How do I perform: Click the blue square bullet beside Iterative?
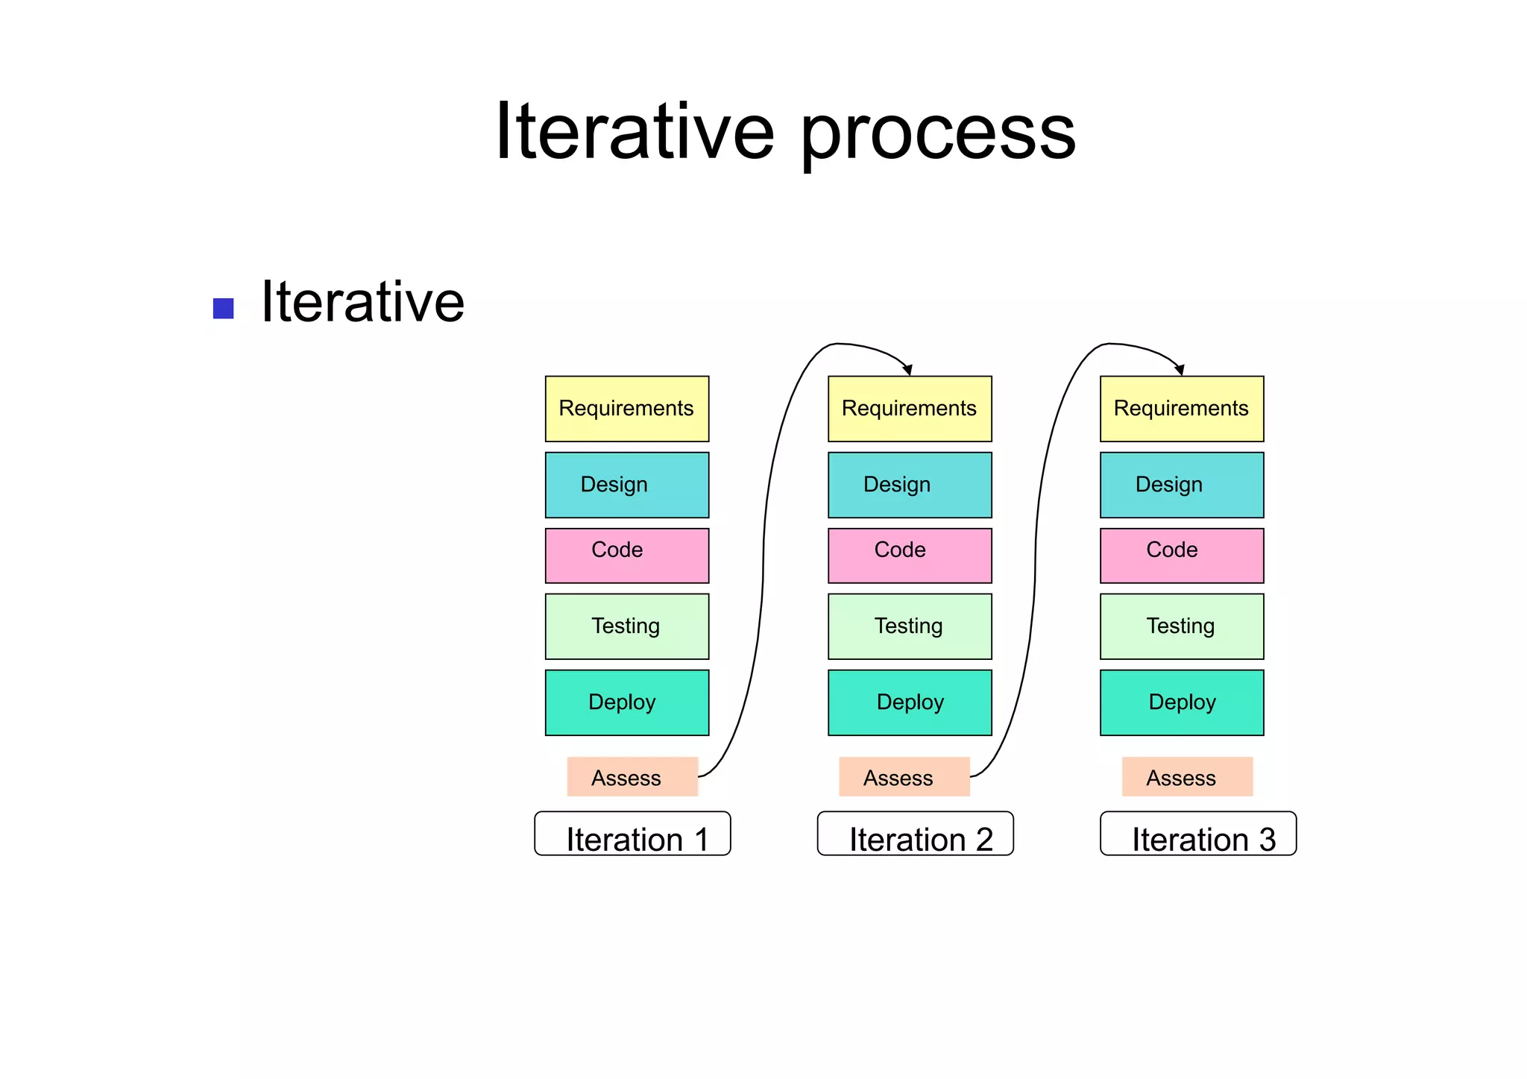coord(223,308)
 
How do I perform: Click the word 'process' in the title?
coord(937,134)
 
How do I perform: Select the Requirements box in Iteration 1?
coord(626,409)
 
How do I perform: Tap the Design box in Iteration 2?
coord(910,485)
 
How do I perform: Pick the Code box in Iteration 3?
coord(1181,556)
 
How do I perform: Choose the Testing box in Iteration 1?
coord(626,626)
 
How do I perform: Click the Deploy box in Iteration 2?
coord(910,702)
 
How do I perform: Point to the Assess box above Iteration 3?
coord(1186,777)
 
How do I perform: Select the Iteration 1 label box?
coord(632,834)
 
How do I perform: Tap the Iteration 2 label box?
coord(915,834)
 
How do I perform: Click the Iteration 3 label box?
coord(1197,834)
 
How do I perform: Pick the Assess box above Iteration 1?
coord(632,777)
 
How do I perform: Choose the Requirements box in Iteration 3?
coord(1181,409)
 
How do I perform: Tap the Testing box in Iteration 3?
coord(1181,626)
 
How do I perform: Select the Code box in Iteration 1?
coord(626,556)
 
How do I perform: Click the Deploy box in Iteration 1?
coord(626,702)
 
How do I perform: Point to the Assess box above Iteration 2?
coord(904,777)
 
